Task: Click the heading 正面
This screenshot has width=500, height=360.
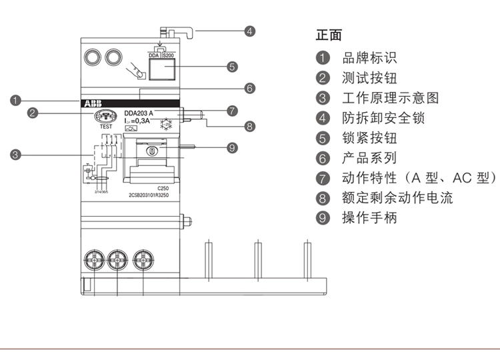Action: point(328,35)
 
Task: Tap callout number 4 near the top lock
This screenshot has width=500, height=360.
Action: point(249,31)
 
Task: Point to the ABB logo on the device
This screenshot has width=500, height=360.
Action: point(90,104)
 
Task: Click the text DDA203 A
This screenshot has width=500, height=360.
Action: point(139,113)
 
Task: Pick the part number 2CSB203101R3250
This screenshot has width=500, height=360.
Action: point(149,196)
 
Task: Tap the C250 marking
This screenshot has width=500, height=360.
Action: point(162,189)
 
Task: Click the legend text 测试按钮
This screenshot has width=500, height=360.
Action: point(369,78)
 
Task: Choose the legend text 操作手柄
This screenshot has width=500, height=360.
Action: point(369,217)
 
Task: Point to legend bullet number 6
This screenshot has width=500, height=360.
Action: point(323,158)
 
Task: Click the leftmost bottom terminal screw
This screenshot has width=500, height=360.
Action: point(93,259)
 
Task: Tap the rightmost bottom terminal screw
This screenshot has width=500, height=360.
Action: point(143,259)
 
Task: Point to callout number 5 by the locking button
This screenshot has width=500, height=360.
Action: point(232,67)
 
